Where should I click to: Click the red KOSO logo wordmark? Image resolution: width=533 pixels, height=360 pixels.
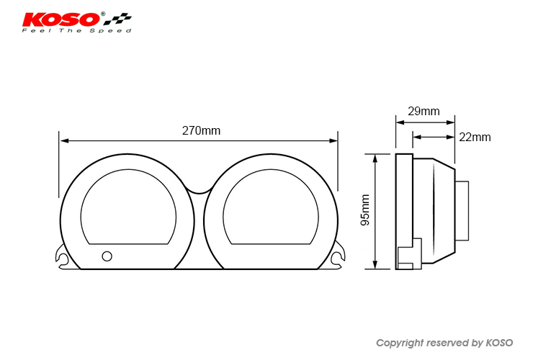coord(61,19)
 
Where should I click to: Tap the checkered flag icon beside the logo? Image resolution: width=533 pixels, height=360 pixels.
coord(117,19)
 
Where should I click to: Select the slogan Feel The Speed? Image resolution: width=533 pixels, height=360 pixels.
coord(76,30)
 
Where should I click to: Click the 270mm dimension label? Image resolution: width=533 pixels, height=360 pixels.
coord(201,130)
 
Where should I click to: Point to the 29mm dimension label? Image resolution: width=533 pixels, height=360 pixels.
coord(424,111)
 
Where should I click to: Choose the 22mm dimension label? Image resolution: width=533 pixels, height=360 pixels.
coord(475,137)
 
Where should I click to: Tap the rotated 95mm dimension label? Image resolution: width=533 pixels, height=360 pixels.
coord(365,210)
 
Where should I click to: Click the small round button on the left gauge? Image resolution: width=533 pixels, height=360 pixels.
coord(107,256)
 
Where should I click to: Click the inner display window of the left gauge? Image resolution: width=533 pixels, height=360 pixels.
coord(128,207)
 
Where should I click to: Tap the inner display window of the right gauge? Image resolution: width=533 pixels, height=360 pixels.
coord(271,207)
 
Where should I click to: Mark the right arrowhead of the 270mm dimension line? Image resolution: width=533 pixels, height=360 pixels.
coord(333,140)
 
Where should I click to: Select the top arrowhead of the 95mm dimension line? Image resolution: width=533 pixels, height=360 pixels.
coord(375,158)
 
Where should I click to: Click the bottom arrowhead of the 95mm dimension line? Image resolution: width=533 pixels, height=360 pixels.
coord(375,264)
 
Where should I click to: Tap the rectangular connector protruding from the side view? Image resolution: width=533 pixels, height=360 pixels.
coord(462,211)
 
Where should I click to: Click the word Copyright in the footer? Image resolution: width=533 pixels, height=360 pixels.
coord(400,343)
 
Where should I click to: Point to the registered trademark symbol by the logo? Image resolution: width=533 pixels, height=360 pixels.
coord(103,14)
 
